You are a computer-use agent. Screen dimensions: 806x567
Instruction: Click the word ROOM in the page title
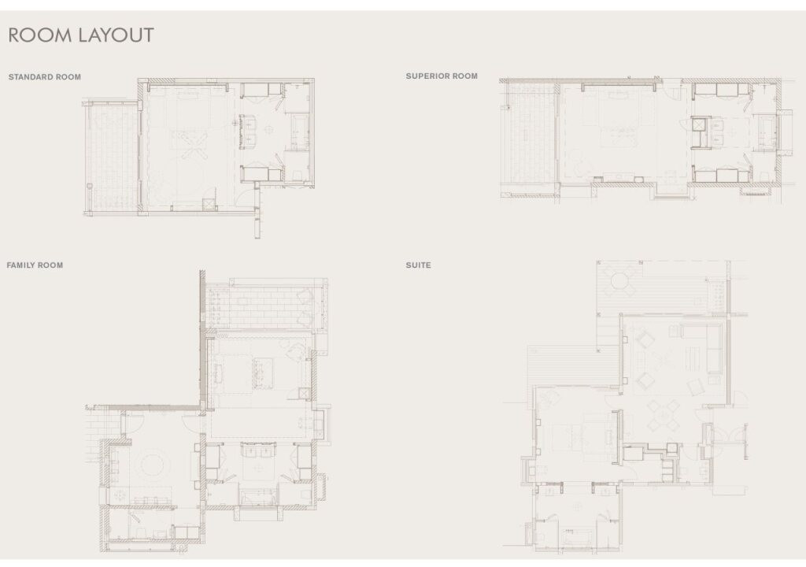(39, 35)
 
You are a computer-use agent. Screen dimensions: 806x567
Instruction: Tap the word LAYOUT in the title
(116, 35)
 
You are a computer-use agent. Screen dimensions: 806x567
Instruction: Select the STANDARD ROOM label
(45, 77)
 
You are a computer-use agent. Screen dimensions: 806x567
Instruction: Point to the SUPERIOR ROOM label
(442, 76)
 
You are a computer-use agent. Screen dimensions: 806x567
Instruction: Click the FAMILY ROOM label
(35, 265)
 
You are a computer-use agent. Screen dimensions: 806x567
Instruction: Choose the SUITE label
(419, 265)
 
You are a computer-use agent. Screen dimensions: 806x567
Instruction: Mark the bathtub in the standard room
(299, 132)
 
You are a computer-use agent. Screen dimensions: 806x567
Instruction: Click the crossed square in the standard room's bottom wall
(208, 204)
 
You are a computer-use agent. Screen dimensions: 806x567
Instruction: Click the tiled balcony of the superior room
(529, 138)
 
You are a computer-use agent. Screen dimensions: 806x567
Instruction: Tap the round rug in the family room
(153, 465)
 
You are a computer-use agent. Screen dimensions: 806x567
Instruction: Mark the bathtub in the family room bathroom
(258, 497)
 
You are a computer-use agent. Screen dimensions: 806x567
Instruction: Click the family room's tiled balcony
(264, 307)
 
